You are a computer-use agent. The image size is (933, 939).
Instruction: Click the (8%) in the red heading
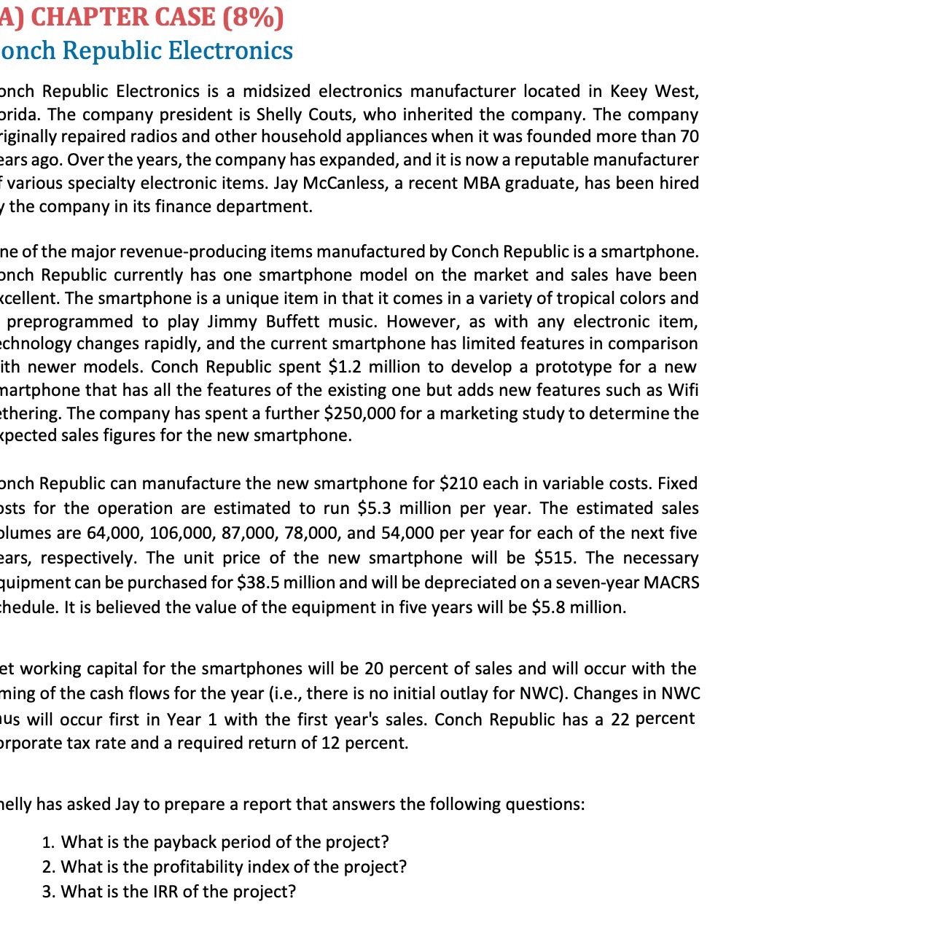click(x=253, y=16)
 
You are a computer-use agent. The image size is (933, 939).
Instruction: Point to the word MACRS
click(x=671, y=583)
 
